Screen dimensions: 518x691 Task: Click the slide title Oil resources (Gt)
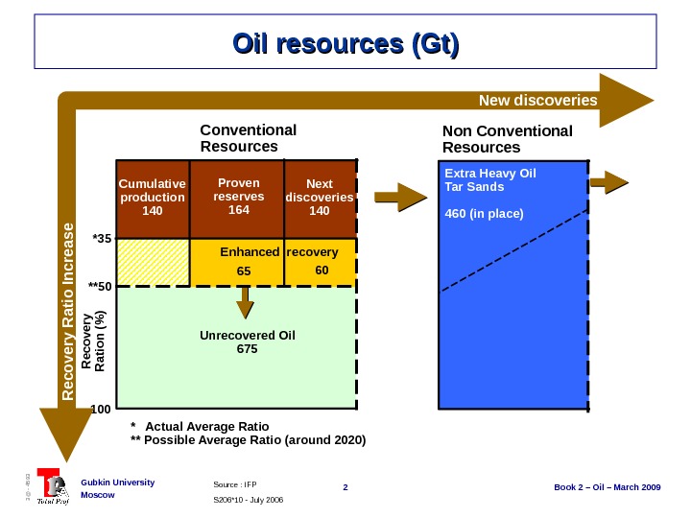pyautogui.click(x=345, y=44)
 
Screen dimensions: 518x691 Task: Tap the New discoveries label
pyautogui.click(x=537, y=101)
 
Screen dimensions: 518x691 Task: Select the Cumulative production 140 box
pyautogui.click(x=152, y=198)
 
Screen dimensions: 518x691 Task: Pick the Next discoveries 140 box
pyautogui.click(x=320, y=198)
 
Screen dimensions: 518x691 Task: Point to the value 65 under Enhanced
pyautogui.click(x=244, y=271)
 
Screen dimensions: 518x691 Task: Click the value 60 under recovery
pyautogui.click(x=322, y=271)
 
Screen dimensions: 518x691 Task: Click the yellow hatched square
pyautogui.click(x=153, y=262)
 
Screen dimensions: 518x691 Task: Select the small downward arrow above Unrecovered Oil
pyautogui.click(x=246, y=301)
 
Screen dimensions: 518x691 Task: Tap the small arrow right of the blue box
pyautogui.click(x=609, y=181)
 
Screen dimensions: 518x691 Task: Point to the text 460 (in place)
pyautogui.click(x=485, y=213)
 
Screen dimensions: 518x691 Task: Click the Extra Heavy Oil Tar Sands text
pyautogui.click(x=490, y=179)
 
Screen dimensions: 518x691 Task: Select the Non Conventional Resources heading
pyautogui.click(x=507, y=139)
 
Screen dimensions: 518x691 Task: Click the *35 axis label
pyautogui.click(x=102, y=238)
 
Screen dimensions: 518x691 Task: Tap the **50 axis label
pyautogui.click(x=99, y=286)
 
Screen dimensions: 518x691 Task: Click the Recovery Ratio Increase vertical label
pyautogui.click(x=67, y=311)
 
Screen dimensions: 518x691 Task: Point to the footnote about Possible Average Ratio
pyautogui.click(x=248, y=441)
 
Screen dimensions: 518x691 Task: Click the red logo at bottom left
pyautogui.click(x=52, y=488)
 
